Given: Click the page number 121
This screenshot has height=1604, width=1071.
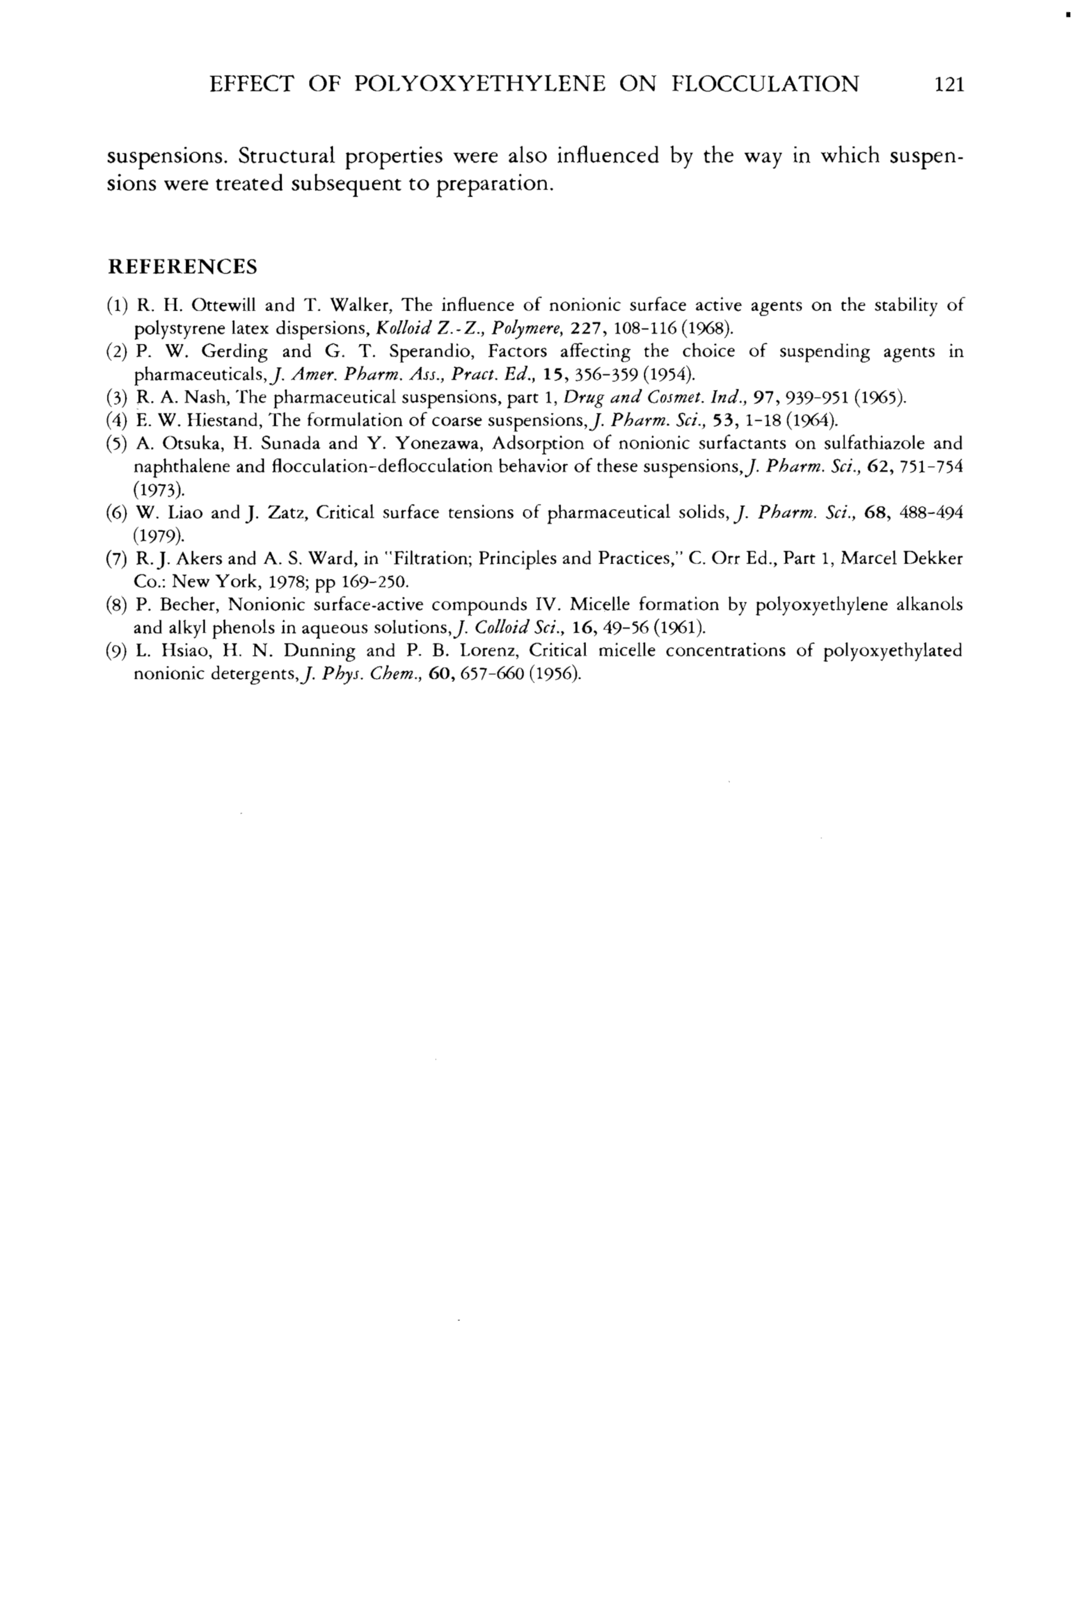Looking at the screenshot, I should pyautogui.click(x=948, y=85).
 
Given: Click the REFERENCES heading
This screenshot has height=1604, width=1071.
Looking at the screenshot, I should pyautogui.click(x=182, y=266).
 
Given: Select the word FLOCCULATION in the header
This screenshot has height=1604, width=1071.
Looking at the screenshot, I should pyautogui.click(x=765, y=85).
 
